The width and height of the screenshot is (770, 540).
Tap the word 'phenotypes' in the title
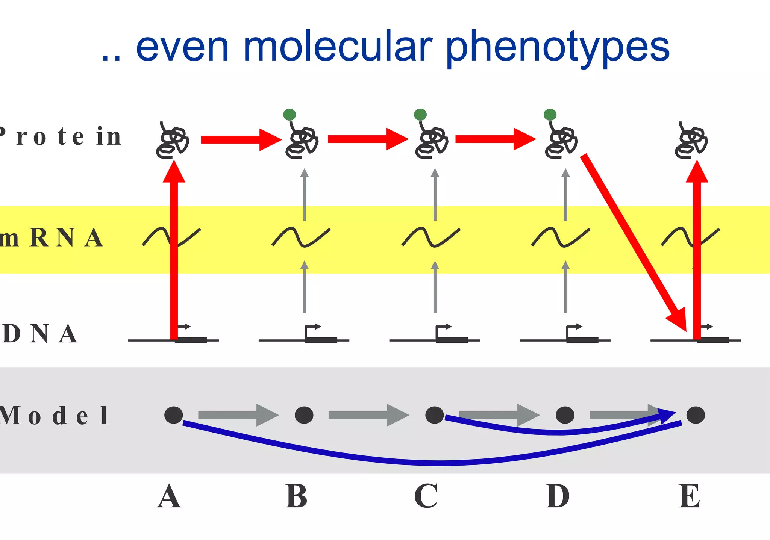558,48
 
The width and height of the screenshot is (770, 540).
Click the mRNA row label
51,238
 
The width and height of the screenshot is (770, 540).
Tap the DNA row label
39,334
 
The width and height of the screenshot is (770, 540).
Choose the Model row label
54,416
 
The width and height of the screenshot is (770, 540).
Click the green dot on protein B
290,115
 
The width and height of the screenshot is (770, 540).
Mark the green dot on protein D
550,115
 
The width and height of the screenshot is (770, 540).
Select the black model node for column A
174,415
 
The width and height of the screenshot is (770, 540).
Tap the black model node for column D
565,415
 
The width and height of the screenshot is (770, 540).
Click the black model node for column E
696,415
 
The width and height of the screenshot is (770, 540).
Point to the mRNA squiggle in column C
431,237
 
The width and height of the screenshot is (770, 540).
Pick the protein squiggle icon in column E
691,141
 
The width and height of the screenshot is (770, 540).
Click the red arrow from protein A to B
241,140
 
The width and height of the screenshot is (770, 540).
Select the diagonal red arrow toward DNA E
634,242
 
